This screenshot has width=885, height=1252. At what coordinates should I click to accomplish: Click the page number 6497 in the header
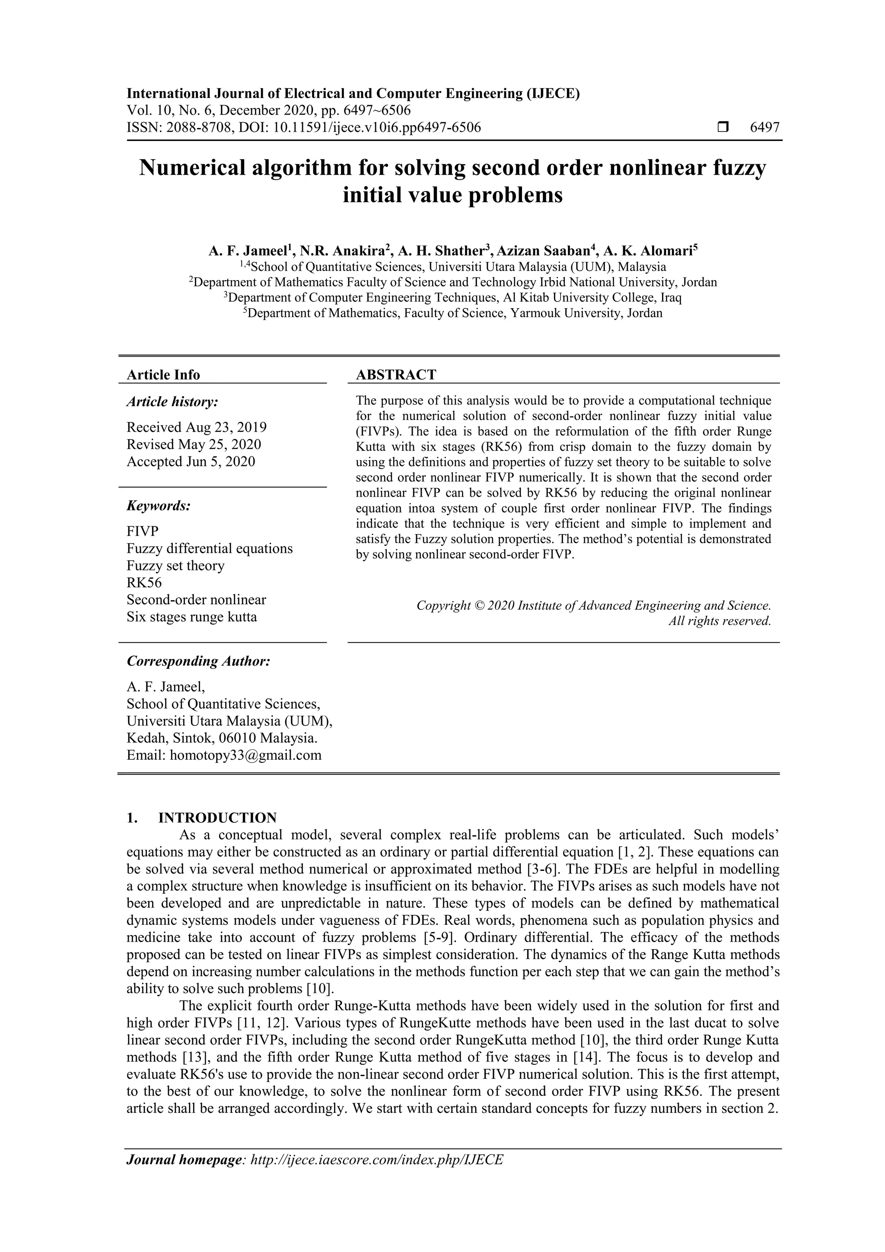point(764,127)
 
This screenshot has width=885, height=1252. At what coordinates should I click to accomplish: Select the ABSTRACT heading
point(396,375)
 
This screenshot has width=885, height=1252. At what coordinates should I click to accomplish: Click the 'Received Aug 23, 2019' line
point(196,427)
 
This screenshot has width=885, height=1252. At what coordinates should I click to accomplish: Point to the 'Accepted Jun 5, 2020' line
point(191,462)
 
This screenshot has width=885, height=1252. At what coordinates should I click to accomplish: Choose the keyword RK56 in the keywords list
point(144,583)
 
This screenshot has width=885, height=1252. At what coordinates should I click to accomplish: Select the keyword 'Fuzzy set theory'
point(175,565)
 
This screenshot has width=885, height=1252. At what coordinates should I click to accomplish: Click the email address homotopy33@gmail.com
point(245,755)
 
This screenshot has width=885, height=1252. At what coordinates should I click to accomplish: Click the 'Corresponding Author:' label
point(198,662)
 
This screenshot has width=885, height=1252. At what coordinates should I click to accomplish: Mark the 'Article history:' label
point(172,402)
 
